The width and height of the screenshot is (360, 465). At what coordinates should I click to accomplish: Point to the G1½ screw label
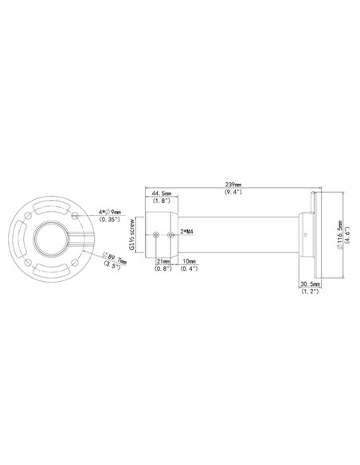click(137, 235)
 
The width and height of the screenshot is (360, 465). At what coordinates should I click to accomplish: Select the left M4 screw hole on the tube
click(156, 236)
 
